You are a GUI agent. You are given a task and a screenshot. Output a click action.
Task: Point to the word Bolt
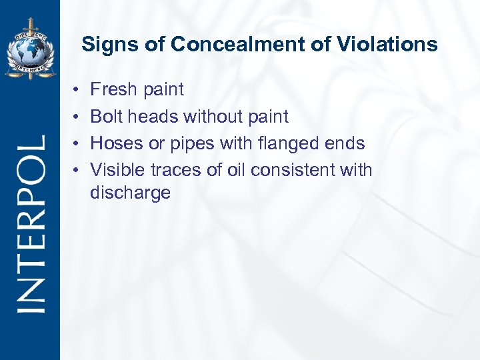(103, 117)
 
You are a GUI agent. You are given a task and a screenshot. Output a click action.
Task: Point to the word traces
(177, 170)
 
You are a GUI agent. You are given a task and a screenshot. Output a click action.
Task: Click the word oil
(235, 170)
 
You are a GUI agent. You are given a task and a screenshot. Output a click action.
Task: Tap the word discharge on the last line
(130, 193)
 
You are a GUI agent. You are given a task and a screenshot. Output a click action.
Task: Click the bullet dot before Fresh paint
(77, 89)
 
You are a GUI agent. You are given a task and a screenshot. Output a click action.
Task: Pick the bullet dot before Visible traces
(77, 171)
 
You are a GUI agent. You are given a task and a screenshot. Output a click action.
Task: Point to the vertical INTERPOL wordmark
(31, 223)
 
